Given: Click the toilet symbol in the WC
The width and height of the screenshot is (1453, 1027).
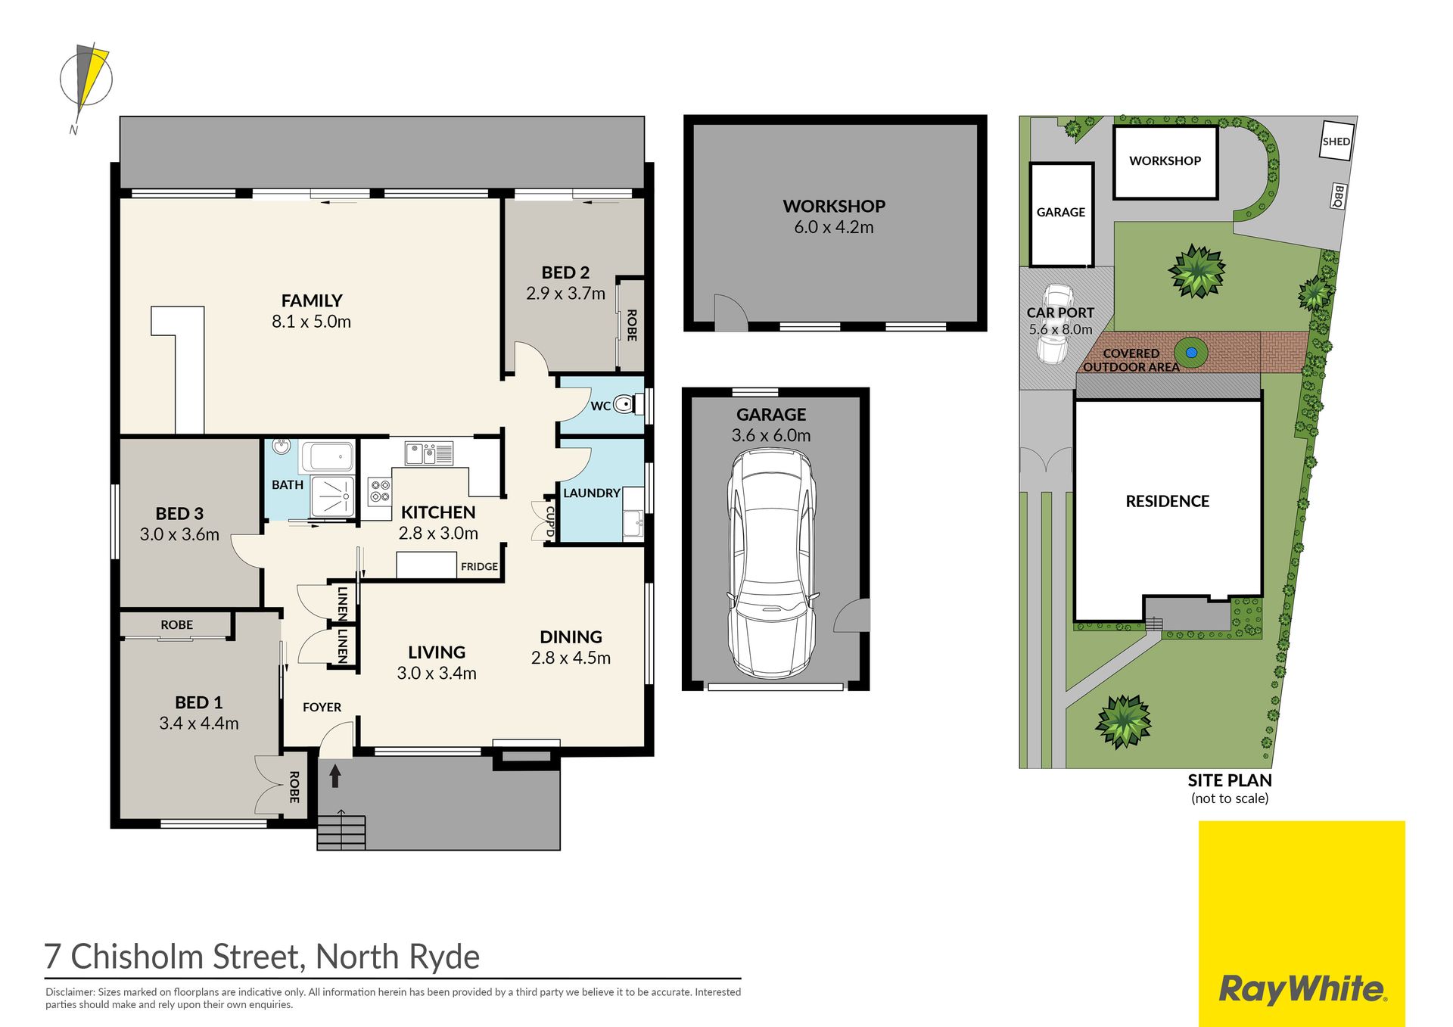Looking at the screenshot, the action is click(x=625, y=406).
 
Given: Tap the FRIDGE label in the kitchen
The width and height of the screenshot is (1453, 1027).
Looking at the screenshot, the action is click(x=479, y=566).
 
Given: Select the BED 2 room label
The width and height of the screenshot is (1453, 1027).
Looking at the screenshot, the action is click(x=565, y=272).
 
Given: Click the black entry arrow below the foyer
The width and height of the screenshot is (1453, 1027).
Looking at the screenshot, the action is click(x=334, y=775).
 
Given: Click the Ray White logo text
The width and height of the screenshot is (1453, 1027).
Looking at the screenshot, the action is click(x=1302, y=990).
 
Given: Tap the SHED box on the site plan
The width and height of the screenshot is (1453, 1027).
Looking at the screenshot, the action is click(x=1336, y=141).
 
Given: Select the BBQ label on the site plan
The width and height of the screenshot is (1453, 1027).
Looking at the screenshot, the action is click(x=1338, y=196).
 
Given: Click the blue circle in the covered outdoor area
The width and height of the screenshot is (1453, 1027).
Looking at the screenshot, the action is click(x=1191, y=353).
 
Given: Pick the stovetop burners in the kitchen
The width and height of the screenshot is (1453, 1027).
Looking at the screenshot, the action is click(x=380, y=490).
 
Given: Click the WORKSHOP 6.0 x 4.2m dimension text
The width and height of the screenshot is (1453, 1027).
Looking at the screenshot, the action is click(x=834, y=227).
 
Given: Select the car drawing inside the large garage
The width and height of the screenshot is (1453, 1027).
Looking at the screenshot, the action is click(x=772, y=564).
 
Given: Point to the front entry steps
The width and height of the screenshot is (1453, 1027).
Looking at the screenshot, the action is click(x=341, y=832).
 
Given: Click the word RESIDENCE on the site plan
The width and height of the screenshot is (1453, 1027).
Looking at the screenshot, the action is click(x=1167, y=501).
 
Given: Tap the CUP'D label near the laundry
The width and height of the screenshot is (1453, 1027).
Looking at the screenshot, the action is click(x=549, y=521).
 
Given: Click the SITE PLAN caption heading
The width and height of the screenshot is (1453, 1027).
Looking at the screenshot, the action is click(x=1230, y=780).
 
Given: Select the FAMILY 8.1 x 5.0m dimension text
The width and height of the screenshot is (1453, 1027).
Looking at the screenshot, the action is click(x=312, y=322).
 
